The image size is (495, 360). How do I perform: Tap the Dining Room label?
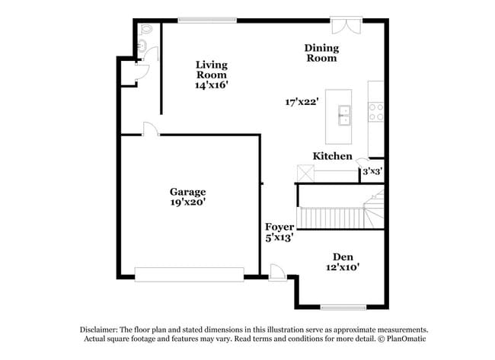322,53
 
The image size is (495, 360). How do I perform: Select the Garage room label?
187,192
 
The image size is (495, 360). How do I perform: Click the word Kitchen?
333,156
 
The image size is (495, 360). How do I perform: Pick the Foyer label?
279,227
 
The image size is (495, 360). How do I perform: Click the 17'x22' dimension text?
302,100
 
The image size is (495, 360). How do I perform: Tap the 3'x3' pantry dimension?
372,171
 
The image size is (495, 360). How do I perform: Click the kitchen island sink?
344,115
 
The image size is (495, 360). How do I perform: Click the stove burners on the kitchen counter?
375,113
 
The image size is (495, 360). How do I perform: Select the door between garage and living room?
150,130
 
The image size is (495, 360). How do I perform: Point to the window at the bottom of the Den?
343,307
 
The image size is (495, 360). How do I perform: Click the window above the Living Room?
208,20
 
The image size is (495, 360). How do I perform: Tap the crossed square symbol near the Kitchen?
305,174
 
